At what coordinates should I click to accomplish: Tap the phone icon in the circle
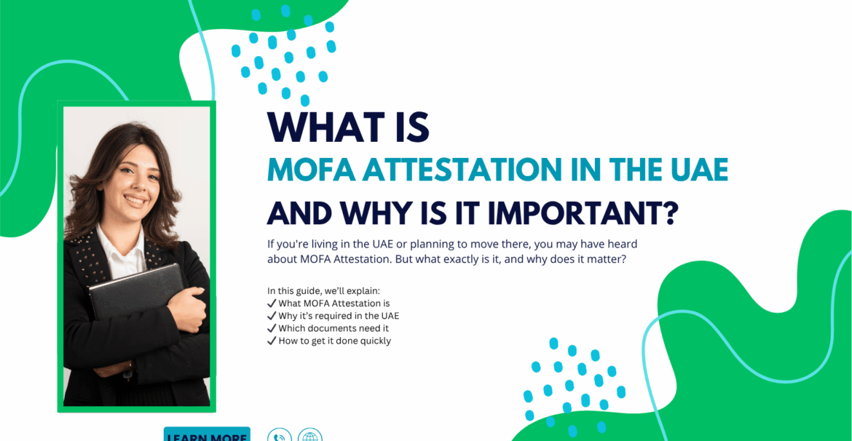click(280, 435)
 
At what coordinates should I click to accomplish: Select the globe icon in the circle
click(309, 435)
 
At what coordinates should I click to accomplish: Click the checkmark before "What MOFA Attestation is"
click(272, 303)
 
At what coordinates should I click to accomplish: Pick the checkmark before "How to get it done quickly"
click(272, 341)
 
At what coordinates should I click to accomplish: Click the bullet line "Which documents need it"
click(328, 329)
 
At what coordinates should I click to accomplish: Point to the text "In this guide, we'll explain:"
click(327, 290)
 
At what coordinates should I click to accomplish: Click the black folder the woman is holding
click(136, 290)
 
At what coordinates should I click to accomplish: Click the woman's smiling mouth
click(134, 200)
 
